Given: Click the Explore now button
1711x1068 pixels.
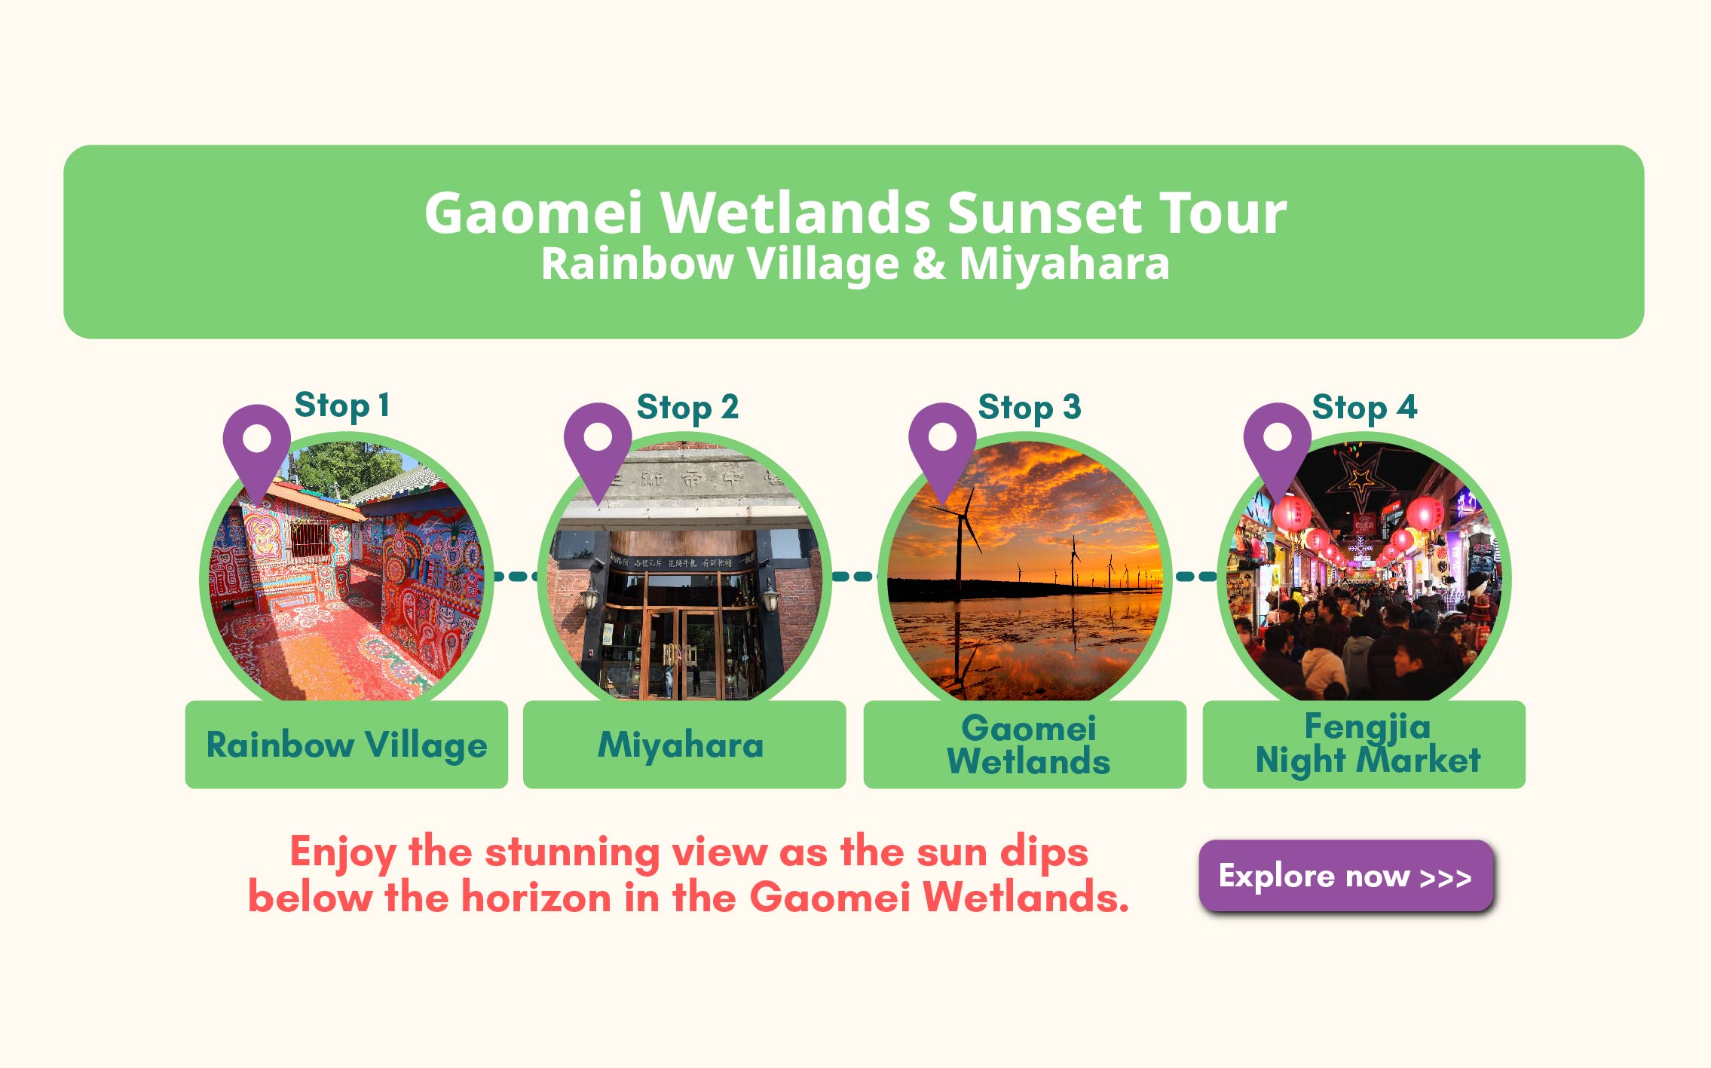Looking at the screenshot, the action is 1345,876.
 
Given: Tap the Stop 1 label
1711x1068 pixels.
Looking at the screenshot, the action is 342,405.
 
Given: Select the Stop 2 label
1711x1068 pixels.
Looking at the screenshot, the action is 687,408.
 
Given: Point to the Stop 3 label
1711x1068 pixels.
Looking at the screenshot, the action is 1030,408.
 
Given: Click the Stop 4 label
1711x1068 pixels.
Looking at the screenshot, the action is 1364,408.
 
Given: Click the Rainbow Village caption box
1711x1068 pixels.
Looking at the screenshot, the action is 347,745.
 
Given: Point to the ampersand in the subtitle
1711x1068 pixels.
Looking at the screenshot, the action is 929,265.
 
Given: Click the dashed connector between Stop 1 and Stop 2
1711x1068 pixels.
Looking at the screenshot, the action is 516,577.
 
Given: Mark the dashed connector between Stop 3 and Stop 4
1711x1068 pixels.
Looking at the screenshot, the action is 1196,577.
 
